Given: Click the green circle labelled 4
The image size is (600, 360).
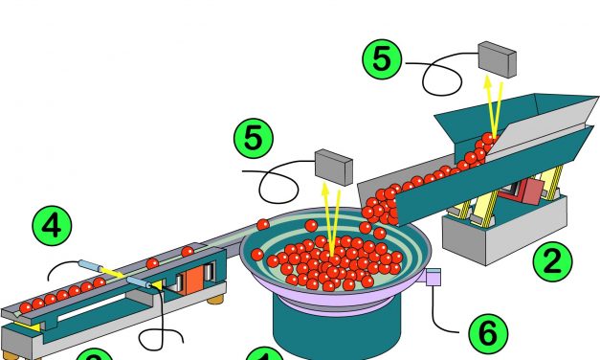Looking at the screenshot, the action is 54,226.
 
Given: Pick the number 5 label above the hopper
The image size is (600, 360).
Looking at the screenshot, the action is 382,61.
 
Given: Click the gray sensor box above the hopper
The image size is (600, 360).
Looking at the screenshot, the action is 497,58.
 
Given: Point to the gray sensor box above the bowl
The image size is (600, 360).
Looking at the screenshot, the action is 333,166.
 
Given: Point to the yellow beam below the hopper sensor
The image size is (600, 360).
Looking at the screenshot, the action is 493,105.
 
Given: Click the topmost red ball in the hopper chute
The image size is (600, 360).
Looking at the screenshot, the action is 488,139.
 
